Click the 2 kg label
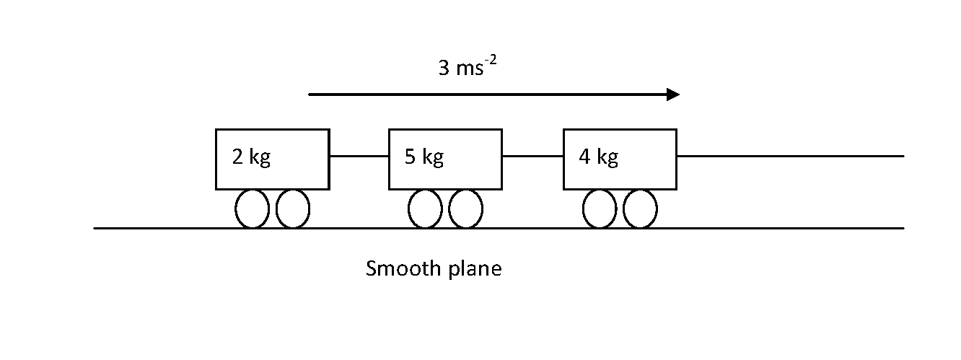click(x=251, y=157)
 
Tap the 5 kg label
click(x=424, y=157)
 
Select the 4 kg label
click(x=598, y=157)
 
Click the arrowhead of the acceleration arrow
click(x=673, y=95)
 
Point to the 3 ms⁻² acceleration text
click(x=468, y=69)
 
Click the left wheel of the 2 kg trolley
click(x=252, y=209)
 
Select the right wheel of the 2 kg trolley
click(x=293, y=209)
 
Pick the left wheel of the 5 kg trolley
click(x=425, y=209)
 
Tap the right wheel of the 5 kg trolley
click(x=465, y=209)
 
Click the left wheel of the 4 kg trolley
click(x=600, y=209)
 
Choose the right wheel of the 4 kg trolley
click(x=640, y=209)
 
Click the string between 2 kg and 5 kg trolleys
click(x=359, y=156)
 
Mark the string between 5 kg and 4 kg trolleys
click(x=532, y=156)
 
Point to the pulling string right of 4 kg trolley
click(x=789, y=156)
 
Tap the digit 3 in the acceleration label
click(x=443, y=69)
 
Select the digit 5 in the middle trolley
click(x=410, y=157)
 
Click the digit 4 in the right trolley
click(x=584, y=157)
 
